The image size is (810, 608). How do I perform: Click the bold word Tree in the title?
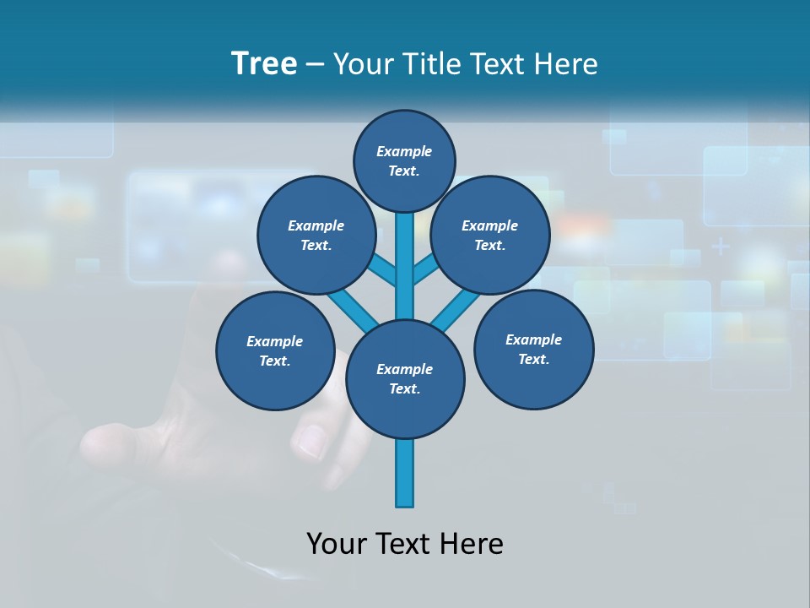(x=264, y=64)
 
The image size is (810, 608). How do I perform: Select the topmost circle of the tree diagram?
(x=404, y=160)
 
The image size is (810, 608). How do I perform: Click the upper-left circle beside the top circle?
(x=316, y=236)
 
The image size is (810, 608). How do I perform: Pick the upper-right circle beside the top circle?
(x=490, y=236)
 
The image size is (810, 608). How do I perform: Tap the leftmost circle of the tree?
(x=275, y=350)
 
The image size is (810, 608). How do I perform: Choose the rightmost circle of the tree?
(x=533, y=349)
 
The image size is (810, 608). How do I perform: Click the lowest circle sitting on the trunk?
(x=405, y=379)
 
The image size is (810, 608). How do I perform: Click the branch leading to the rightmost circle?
(x=456, y=311)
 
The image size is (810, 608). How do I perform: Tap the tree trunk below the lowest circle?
(x=405, y=473)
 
